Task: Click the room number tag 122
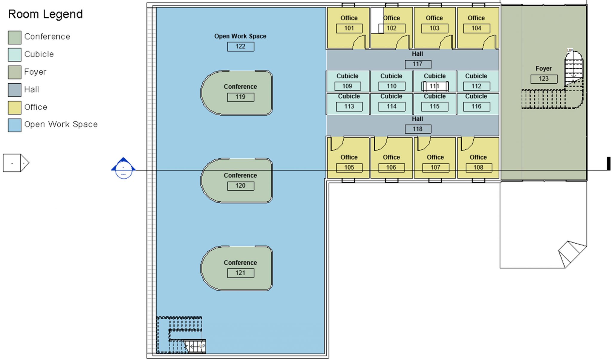coord(241,47)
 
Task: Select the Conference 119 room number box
coord(241,97)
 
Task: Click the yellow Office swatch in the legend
coord(14,108)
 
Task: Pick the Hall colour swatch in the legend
coord(14,90)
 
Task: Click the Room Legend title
coord(45,14)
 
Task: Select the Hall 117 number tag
coord(418,64)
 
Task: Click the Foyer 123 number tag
coord(544,79)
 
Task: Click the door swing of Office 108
coord(467,144)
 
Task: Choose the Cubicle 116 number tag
coord(476,107)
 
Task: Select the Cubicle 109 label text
coord(347,76)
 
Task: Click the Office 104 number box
coord(476,28)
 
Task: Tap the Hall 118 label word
coord(417,119)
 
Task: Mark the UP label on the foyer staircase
coord(570,50)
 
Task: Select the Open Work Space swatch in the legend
coord(14,125)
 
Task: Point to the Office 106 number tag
coord(391,168)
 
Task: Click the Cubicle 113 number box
coord(349,107)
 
